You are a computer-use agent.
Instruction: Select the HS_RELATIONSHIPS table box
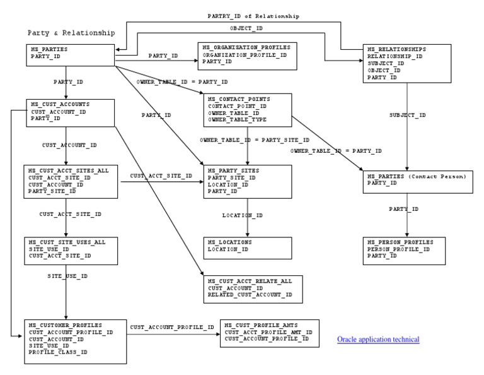[x=407, y=63]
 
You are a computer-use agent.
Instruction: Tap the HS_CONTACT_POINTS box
[x=247, y=110]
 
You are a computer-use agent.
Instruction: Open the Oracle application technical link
[x=378, y=340]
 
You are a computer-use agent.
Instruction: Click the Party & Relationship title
[x=71, y=32]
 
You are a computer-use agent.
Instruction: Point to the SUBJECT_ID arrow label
[x=407, y=115]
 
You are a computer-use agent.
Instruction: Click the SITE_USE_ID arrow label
[x=67, y=276]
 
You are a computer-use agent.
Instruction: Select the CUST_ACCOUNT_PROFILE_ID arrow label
[x=172, y=327]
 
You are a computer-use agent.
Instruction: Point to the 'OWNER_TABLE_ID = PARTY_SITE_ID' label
[x=255, y=140]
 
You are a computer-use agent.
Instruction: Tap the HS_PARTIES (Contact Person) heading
[x=416, y=176]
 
